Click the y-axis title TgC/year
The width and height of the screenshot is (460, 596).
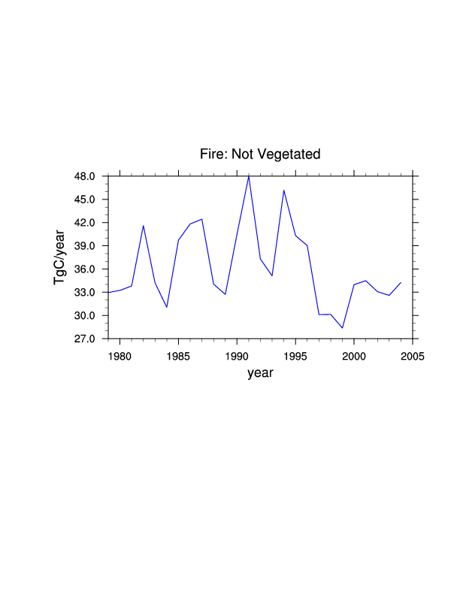tap(60, 257)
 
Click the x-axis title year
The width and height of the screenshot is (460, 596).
tap(260, 372)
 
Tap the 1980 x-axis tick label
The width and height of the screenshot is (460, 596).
tap(120, 354)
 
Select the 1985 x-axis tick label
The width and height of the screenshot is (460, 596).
tap(178, 354)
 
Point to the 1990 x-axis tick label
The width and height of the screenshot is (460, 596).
tap(237, 354)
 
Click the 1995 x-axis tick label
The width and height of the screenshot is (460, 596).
tap(295, 354)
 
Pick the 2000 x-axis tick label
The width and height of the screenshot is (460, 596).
tap(353, 354)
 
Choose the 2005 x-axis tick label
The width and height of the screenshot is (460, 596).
tap(412, 354)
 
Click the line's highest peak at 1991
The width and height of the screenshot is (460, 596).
tap(249, 176)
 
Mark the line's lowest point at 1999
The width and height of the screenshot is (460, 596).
tap(342, 328)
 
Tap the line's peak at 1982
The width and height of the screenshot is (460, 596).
tap(144, 226)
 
